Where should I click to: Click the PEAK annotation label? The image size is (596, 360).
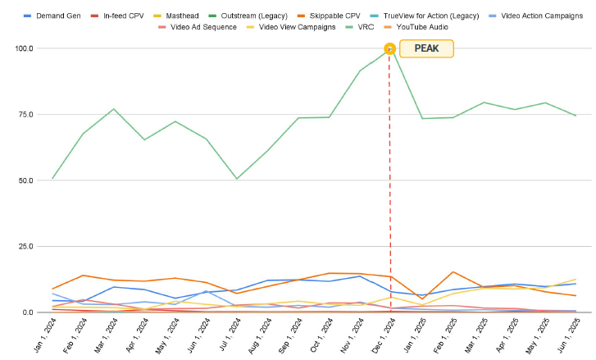[426, 48]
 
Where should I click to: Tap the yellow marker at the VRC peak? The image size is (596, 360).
[390, 48]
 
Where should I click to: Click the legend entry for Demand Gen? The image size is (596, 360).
[58, 16]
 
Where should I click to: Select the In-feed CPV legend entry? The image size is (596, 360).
[124, 16]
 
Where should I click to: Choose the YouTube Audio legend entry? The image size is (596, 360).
[421, 27]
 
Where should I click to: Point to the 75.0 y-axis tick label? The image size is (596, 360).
[24, 115]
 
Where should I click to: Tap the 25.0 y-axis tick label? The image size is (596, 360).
[24, 247]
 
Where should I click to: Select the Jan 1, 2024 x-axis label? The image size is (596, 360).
[42, 336]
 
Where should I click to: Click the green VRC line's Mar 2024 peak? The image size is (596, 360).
[114, 109]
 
